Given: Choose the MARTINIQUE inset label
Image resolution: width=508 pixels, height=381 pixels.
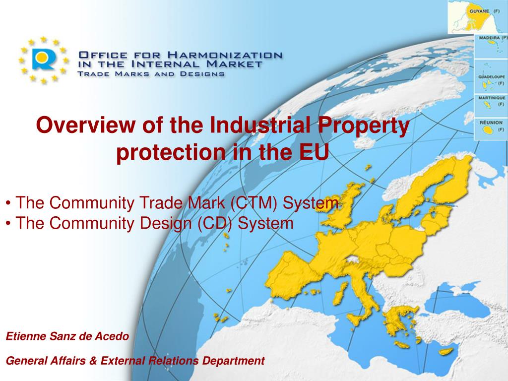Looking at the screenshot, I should [x=491, y=98].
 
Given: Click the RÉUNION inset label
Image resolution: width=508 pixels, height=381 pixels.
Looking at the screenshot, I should [x=490, y=122].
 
